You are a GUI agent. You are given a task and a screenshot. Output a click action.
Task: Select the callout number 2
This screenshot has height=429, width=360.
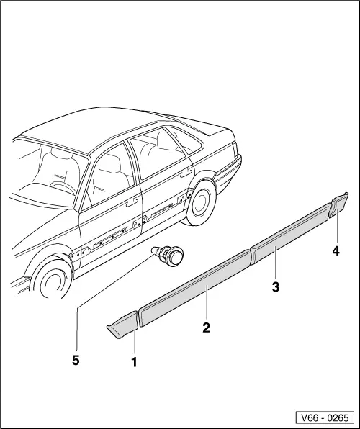pos(207,328)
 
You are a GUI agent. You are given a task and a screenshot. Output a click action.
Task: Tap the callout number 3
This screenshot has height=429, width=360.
pos(276,286)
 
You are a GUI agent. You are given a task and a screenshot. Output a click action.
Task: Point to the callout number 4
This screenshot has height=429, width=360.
pos(336,251)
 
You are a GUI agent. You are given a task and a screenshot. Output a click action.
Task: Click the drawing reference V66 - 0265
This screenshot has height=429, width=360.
pos(323,417)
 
